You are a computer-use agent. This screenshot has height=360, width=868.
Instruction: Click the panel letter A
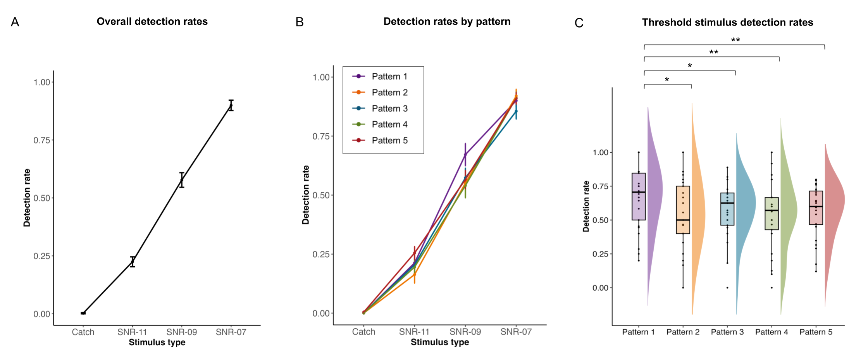[15, 22]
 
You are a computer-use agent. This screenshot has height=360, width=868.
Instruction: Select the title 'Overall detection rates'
[152, 22]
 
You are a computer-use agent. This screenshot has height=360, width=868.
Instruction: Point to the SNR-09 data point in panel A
[182, 180]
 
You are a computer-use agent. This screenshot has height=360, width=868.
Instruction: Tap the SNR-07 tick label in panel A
[231, 332]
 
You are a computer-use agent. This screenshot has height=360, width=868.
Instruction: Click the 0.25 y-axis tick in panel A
[41, 256]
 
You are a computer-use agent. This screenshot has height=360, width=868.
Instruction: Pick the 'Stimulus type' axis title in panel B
[440, 342]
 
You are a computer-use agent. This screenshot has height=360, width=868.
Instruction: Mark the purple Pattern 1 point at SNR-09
[465, 155]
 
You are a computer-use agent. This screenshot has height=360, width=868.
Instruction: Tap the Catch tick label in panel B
[363, 332]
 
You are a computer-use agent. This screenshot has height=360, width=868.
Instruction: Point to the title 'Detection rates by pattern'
[447, 22]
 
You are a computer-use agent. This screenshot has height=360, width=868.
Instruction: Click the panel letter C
[579, 23]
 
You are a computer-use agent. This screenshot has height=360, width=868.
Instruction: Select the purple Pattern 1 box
[639, 196]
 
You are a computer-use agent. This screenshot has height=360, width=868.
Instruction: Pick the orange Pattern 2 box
[683, 210]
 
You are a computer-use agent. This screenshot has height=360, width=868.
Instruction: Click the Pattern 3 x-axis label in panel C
[727, 332]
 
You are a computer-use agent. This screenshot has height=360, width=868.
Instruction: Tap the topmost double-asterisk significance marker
[735, 40]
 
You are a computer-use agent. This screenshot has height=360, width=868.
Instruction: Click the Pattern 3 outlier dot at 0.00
[727, 288]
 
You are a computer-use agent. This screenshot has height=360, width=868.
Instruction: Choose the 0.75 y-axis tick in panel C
[600, 186]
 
